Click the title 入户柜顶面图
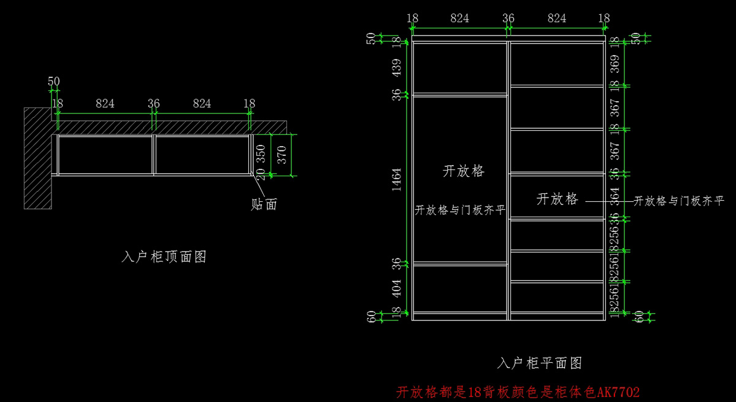click(x=164, y=257)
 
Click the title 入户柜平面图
click(x=539, y=363)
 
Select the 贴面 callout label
click(x=264, y=204)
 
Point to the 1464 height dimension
click(x=396, y=179)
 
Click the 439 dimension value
click(x=396, y=68)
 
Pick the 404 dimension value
click(x=396, y=288)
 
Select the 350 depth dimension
click(x=261, y=154)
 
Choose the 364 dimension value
click(x=615, y=197)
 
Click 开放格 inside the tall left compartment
click(x=464, y=171)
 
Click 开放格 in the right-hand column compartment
click(x=558, y=199)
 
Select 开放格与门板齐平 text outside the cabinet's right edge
click(x=678, y=201)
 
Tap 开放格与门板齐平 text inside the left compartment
click(x=460, y=211)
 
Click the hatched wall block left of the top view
click(x=37, y=158)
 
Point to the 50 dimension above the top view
click(x=54, y=82)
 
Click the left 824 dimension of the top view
click(x=105, y=104)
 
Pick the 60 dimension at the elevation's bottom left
click(x=370, y=317)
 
